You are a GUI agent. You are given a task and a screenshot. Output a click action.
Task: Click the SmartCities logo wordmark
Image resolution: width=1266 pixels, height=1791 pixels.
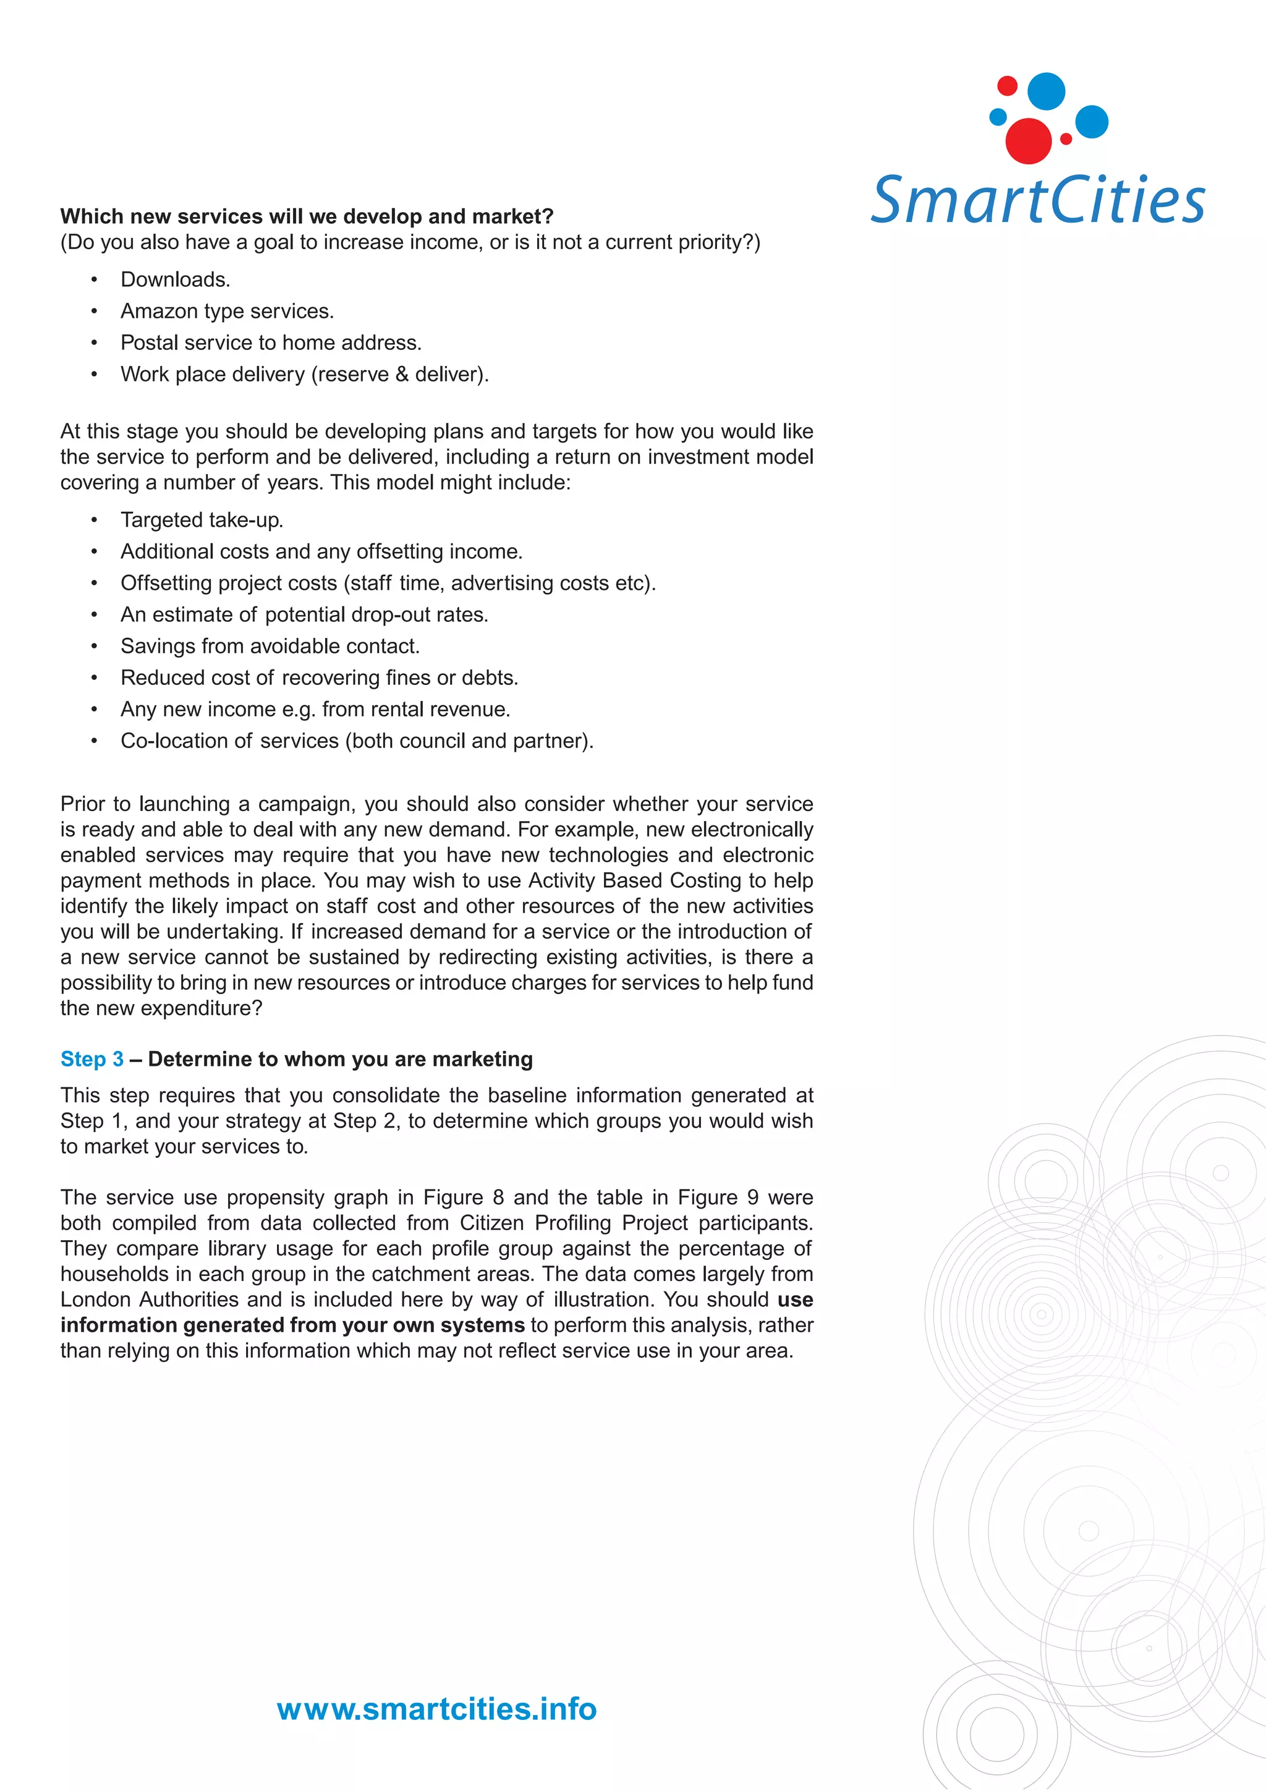click(1037, 200)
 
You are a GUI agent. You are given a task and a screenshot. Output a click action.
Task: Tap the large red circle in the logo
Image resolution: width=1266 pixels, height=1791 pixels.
click(1028, 141)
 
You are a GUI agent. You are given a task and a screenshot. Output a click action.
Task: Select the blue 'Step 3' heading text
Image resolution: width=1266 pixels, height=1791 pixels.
click(92, 1059)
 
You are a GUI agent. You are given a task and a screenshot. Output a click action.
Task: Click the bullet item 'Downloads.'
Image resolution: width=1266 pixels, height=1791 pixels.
click(176, 279)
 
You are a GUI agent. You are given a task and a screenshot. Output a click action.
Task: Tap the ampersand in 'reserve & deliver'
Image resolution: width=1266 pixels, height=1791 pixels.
click(402, 375)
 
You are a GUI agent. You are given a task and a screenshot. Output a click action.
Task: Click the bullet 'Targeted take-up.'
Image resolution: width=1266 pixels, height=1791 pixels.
click(202, 521)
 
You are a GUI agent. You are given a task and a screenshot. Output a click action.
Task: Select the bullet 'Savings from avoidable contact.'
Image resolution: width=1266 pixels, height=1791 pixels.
click(270, 646)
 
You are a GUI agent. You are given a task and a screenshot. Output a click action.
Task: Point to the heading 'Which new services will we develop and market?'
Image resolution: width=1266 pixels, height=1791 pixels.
click(307, 216)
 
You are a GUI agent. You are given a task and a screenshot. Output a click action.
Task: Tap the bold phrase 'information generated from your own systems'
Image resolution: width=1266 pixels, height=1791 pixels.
click(292, 1325)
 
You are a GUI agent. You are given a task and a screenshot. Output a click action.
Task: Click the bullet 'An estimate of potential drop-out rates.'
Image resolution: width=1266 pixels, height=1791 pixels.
click(304, 615)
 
